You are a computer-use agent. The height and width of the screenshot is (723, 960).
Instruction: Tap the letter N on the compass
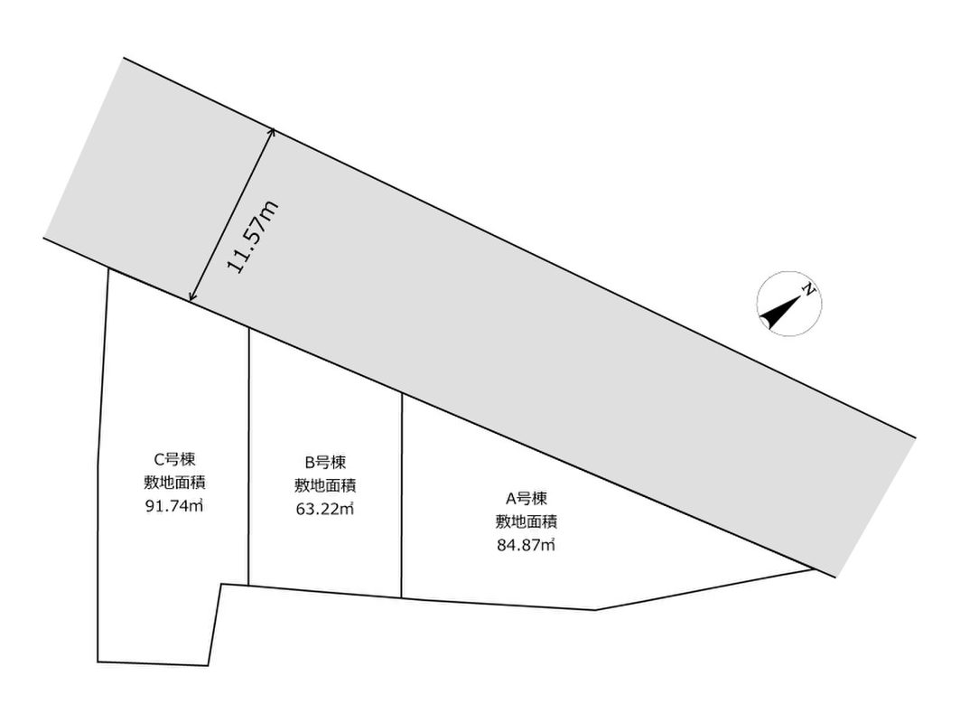pyautogui.click(x=809, y=289)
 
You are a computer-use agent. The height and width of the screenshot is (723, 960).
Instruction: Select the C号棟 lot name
pyautogui.click(x=174, y=459)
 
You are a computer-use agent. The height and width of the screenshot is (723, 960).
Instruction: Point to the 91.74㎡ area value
pyautogui.click(x=174, y=506)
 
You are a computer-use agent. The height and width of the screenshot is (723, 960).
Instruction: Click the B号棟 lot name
pyautogui.click(x=325, y=462)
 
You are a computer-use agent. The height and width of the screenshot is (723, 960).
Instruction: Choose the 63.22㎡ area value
pyautogui.click(x=325, y=509)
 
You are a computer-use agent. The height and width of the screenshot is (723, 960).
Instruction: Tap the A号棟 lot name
pyautogui.click(x=526, y=498)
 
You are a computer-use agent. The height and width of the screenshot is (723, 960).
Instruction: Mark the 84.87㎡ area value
pyautogui.click(x=526, y=545)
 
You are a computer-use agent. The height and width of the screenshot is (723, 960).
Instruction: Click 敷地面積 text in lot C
pyautogui.click(x=174, y=483)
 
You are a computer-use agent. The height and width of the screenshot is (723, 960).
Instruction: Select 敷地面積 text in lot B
pyautogui.click(x=325, y=485)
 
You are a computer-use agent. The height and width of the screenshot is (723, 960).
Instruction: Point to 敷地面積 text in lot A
pyautogui.click(x=526, y=521)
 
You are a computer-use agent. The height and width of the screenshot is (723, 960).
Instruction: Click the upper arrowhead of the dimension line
pyautogui.click(x=273, y=130)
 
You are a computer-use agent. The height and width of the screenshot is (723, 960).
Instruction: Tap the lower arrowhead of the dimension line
pyautogui.click(x=191, y=300)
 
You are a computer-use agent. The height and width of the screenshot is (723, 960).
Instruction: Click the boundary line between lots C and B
pyautogui.click(x=249, y=456)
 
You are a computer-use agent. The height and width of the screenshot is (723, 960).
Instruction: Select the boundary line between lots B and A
pyautogui.click(x=402, y=495)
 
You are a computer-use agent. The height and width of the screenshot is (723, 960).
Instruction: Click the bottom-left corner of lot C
pyautogui.click(x=98, y=662)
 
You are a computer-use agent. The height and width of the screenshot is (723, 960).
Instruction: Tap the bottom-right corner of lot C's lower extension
pyautogui.click(x=208, y=665)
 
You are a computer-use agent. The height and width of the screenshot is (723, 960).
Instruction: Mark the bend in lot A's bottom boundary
pyautogui.click(x=595, y=610)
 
